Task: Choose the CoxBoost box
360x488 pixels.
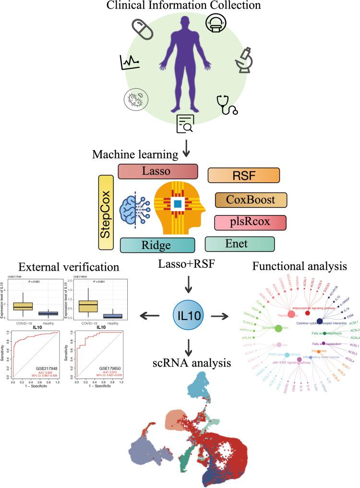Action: (251, 199)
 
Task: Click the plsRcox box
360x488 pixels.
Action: (250, 222)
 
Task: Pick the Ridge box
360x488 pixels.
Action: (157, 245)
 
